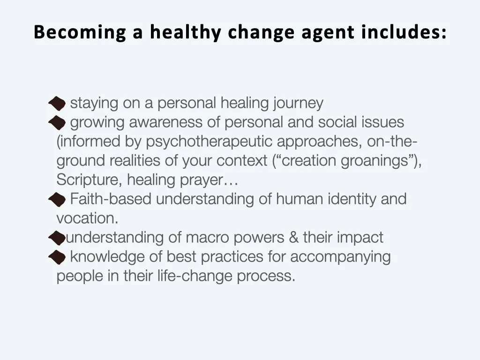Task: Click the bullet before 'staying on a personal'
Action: [57, 103]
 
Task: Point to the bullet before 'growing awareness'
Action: [57, 123]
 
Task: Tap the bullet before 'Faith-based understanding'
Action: [57, 199]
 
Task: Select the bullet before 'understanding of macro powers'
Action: [56, 238]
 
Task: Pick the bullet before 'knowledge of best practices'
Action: [57, 257]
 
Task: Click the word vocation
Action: [87, 218]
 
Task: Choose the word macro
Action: [206, 238]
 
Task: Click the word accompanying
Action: [340, 257]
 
